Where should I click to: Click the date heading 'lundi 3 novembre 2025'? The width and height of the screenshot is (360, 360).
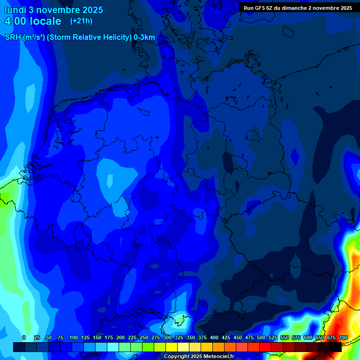click(x=54, y=10)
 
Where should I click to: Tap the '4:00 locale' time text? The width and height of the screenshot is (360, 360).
click(x=33, y=21)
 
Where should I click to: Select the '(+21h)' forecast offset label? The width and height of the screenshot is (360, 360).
click(x=81, y=21)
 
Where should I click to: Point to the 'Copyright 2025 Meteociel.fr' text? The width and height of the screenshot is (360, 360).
click(x=199, y=356)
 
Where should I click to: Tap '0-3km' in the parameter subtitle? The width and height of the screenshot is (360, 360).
click(x=144, y=37)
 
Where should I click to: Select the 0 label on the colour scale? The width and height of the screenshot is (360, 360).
click(x=24, y=337)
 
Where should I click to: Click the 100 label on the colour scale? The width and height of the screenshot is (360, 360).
click(x=74, y=337)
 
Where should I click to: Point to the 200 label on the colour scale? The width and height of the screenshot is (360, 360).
click(x=120, y=337)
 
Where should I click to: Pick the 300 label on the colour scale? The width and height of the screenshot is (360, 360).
click(x=167, y=337)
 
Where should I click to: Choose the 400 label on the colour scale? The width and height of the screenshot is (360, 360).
click(x=214, y=337)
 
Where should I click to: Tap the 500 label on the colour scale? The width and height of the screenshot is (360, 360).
click(x=261, y=337)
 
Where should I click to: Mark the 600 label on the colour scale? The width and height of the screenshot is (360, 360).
click(x=308, y=337)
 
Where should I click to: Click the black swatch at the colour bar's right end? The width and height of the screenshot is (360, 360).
click(x=336, y=347)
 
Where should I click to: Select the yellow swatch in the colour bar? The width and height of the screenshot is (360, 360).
click(x=172, y=347)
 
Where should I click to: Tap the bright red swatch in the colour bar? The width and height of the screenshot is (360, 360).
click(x=265, y=347)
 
